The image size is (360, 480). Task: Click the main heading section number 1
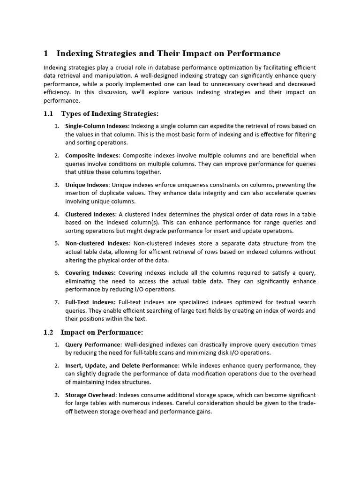(46, 53)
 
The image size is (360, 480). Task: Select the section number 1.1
(48, 113)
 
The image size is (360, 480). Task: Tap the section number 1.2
(48, 332)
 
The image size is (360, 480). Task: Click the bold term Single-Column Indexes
(96, 126)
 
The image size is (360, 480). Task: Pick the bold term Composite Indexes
(92, 155)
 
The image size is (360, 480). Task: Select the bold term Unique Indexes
(87, 185)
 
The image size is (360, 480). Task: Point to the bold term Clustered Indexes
(90, 214)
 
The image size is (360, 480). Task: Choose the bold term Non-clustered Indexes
(97, 243)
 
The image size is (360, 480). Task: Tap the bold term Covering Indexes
(90, 273)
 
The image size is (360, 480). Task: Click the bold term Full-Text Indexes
(90, 302)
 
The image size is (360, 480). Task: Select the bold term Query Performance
(93, 345)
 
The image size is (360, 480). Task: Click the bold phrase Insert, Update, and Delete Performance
(121, 365)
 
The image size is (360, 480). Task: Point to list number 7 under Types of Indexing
(56, 302)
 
